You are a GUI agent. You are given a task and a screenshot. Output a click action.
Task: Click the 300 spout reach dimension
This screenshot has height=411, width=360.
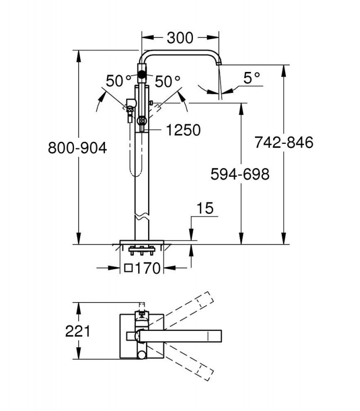180,38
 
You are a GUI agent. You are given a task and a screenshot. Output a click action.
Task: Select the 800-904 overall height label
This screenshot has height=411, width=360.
78,148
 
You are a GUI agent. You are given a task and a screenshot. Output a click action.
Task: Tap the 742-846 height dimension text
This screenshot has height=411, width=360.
284,143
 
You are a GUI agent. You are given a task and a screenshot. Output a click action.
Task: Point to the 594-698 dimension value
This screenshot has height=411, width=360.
240,174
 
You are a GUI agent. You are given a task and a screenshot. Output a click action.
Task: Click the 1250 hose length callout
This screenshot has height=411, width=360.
184,130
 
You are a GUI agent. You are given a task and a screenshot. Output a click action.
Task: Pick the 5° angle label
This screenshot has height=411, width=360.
251,78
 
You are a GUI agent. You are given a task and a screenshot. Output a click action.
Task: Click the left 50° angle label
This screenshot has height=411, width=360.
118,81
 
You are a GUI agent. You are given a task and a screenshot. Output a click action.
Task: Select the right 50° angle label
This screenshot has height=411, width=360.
168,81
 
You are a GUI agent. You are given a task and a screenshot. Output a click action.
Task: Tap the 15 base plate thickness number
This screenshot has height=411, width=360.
205,209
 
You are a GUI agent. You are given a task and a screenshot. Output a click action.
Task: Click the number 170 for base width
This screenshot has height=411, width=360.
148,268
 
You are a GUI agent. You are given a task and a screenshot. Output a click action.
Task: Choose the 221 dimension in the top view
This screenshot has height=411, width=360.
78,331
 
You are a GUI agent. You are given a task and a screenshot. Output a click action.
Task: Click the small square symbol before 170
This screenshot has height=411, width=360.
128,268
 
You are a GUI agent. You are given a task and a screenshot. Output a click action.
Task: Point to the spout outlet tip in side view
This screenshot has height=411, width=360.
219,64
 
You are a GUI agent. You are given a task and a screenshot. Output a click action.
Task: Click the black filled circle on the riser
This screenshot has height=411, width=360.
142,74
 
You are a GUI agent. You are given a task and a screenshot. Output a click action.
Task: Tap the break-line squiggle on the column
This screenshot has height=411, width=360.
142,217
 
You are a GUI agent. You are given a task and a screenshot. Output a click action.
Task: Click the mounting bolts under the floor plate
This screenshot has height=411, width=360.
141,250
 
